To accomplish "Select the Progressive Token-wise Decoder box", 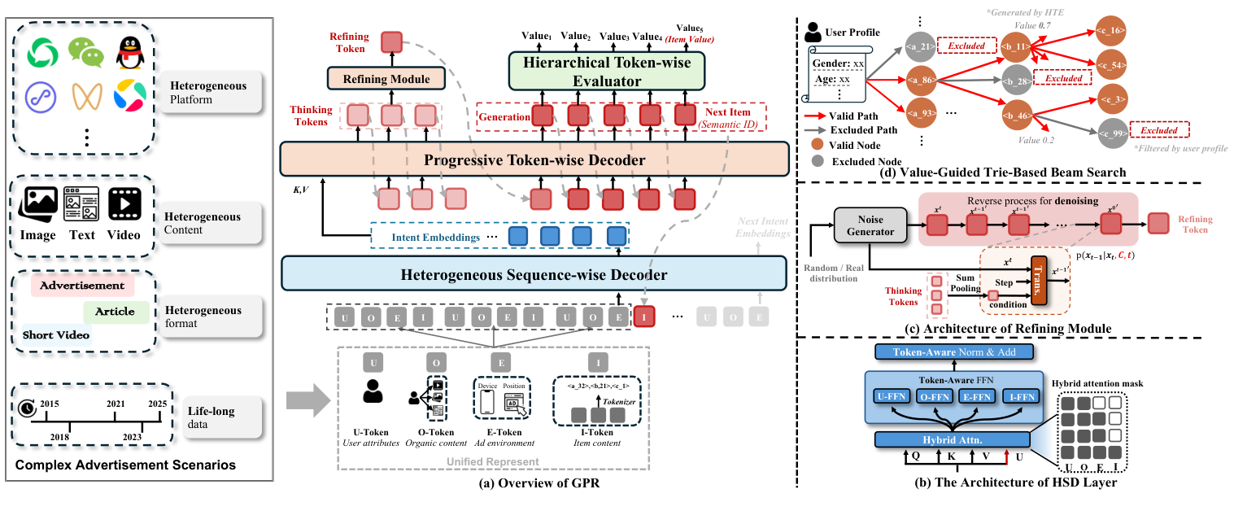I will coord(534,159).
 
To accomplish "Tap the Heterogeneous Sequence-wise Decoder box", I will coord(534,274).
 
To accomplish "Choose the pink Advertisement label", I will coord(82,286).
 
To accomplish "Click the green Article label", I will coord(115,312).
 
